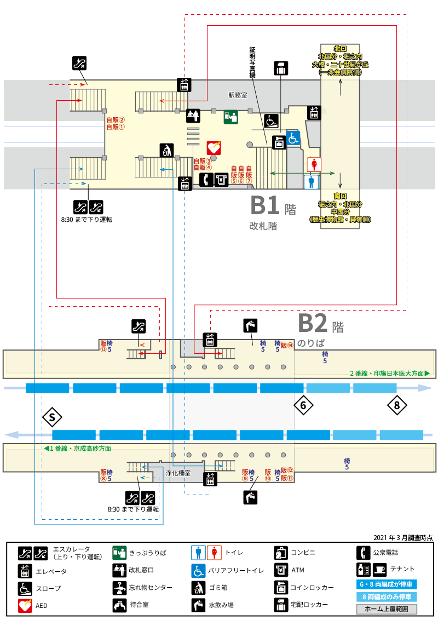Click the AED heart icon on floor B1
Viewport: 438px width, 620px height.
(214, 148)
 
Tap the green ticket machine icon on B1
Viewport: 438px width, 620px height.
(231, 117)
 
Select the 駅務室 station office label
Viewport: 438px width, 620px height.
(238, 95)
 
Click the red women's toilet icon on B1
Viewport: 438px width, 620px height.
(314, 164)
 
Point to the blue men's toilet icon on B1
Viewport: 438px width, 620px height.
(311, 182)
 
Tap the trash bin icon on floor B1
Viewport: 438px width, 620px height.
(167, 150)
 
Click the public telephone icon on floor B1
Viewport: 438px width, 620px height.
(206, 180)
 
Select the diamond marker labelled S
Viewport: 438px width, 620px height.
(52, 417)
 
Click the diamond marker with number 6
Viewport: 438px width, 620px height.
(304, 405)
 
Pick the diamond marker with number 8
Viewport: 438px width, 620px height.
(397, 405)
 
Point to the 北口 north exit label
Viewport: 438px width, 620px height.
(340, 49)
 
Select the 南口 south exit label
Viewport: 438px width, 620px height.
(340, 196)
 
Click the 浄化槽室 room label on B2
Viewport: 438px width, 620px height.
(178, 473)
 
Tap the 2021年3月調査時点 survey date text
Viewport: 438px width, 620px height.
(403, 538)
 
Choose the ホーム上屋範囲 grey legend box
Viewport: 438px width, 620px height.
(387, 609)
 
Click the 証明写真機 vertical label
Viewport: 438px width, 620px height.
(252, 62)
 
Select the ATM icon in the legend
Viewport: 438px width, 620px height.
(281, 570)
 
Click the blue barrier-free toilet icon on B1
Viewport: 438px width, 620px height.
(293, 139)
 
